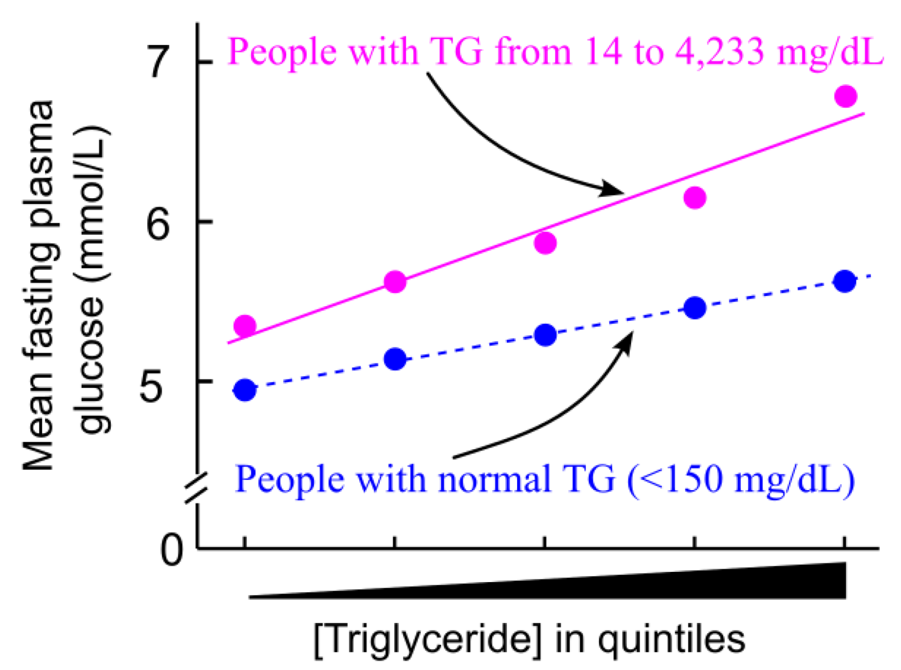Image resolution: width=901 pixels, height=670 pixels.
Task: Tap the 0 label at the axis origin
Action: tap(171, 550)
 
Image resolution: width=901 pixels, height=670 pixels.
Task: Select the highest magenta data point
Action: tap(846, 96)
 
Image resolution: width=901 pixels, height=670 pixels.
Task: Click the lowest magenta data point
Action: tap(245, 326)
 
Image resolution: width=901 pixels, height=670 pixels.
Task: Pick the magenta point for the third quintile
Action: tap(545, 243)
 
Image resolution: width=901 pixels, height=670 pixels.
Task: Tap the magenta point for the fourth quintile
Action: tap(695, 197)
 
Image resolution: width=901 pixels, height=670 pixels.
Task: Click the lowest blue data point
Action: tap(245, 390)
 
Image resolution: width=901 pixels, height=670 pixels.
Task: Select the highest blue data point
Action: tap(845, 281)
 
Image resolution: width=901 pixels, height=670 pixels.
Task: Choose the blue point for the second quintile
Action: tap(395, 359)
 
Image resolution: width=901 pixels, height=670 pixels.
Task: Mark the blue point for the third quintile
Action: tap(545, 335)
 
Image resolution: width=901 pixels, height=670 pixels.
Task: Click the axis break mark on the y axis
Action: tap(197, 489)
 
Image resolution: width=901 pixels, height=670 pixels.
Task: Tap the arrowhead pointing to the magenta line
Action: tap(613, 190)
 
